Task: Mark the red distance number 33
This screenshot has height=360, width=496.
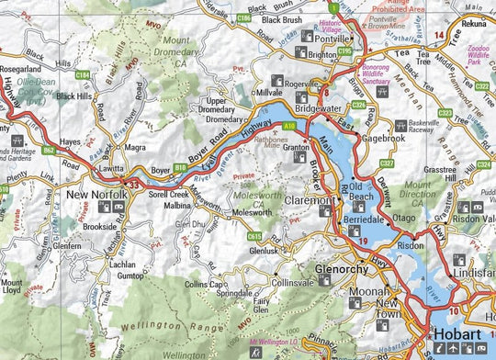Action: click(x=136, y=186)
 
